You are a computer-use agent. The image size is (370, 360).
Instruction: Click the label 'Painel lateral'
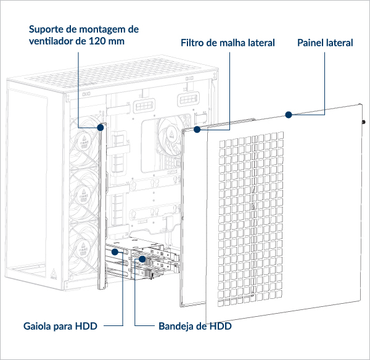tap(324, 43)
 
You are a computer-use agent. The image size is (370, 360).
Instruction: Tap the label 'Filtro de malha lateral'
tap(228, 43)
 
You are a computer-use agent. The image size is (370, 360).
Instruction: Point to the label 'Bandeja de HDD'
tap(195, 325)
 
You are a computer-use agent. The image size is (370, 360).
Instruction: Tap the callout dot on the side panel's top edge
tap(287, 114)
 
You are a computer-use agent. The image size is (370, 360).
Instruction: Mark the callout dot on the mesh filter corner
tap(197, 130)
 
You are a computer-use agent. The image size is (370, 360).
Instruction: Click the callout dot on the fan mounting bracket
tap(101, 128)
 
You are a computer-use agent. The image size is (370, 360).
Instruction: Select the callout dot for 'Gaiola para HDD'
tap(114, 253)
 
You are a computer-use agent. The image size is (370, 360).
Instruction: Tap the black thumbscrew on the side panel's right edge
tap(364, 122)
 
